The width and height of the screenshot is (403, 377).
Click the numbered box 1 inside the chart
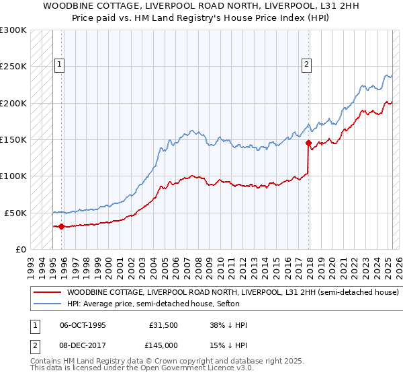click(x=59, y=65)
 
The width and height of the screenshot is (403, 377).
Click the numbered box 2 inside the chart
click(x=306, y=65)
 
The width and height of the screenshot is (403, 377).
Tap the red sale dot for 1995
click(x=61, y=226)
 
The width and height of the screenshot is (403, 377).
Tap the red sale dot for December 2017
click(x=308, y=143)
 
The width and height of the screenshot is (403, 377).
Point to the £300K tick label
click(x=13, y=30)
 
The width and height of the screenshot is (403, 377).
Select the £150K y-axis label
click(x=13, y=140)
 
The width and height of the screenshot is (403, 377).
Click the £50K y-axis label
click(x=15, y=213)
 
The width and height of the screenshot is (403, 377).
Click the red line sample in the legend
click(x=46, y=293)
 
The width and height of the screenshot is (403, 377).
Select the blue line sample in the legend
click(x=46, y=304)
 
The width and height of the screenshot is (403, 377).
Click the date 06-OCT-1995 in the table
click(x=83, y=325)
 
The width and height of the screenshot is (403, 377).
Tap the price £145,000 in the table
click(x=164, y=344)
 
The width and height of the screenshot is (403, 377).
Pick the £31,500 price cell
click(x=164, y=325)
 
